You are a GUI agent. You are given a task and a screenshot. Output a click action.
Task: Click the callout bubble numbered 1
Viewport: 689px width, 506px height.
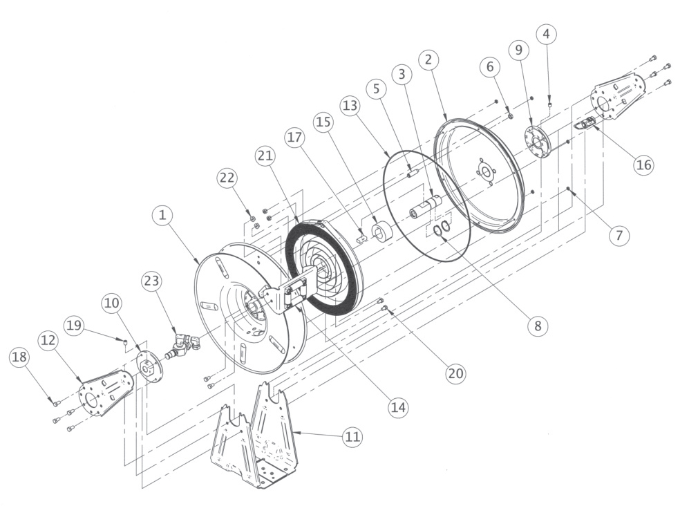[162, 216]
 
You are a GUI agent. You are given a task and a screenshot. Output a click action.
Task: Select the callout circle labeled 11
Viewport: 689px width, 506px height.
[353, 436]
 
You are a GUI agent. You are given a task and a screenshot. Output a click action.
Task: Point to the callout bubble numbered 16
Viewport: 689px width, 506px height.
[643, 165]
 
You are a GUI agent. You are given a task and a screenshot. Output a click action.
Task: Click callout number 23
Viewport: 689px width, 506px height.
[151, 281]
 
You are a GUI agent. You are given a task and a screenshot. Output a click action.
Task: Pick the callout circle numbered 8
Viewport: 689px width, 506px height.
[537, 325]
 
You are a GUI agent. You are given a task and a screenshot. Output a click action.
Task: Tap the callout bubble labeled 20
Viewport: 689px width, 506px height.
[454, 373]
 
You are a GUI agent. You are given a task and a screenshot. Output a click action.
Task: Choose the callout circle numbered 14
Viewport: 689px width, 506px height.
[397, 407]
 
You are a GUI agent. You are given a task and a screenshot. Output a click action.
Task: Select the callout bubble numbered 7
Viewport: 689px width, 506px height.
[619, 235]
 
